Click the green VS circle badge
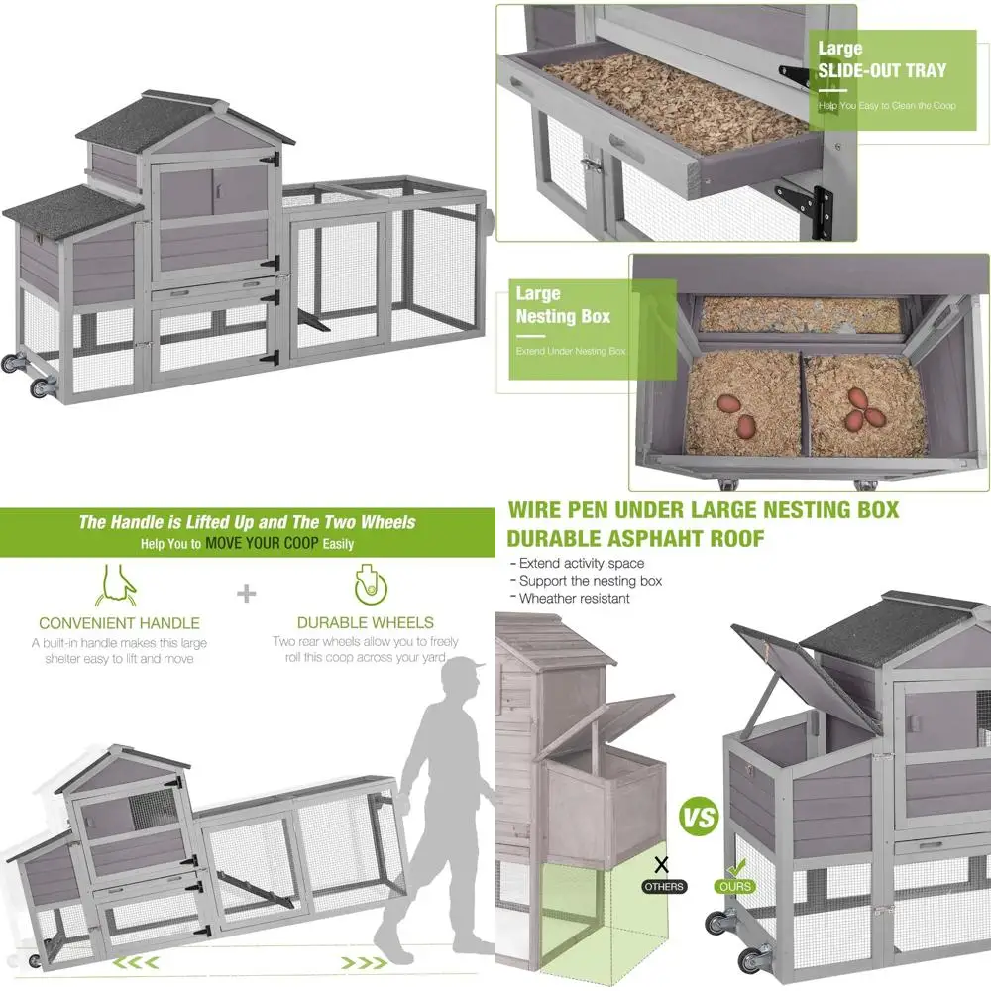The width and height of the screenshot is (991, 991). point(699,820)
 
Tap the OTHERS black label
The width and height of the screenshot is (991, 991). point(664,886)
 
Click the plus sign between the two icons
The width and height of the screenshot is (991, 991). point(246,594)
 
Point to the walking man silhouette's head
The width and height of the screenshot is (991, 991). point(463,683)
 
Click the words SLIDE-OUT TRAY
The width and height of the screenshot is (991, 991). point(882,70)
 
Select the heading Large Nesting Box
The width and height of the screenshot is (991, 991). point(562,305)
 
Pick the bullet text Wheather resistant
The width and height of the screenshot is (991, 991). point(575,598)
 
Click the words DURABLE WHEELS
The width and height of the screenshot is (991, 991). point(366,623)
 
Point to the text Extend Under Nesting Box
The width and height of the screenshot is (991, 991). point(571,351)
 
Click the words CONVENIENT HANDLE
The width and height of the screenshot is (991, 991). point(119,623)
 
